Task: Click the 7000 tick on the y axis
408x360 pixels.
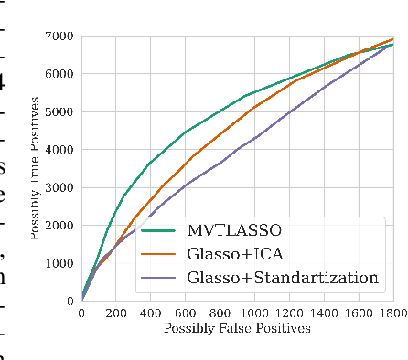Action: pyautogui.click(x=60, y=36)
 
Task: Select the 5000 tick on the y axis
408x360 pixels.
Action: pyautogui.click(x=60, y=111)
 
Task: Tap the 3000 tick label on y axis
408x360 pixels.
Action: pyautogui.click(x=60, y=187)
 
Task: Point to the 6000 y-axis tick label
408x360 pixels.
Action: pyautogui.click(x=60, y=73)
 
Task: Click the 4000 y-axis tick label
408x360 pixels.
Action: pyautogui.click(x=60, y=149)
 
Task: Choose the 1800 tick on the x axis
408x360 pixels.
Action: pyautogui.click(x=393, y=313)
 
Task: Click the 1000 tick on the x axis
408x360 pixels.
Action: pyautogui.click(x=254, y=313)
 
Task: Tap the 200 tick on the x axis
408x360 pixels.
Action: pyautogui.click(x=116, y=313)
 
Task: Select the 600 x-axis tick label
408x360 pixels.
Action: pyautogui.click(x=186, y=313)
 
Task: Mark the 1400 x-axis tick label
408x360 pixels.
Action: pyautogui.click(x=324, y=313)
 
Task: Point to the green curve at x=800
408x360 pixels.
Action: pyautogui.click(x=220, y=111)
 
